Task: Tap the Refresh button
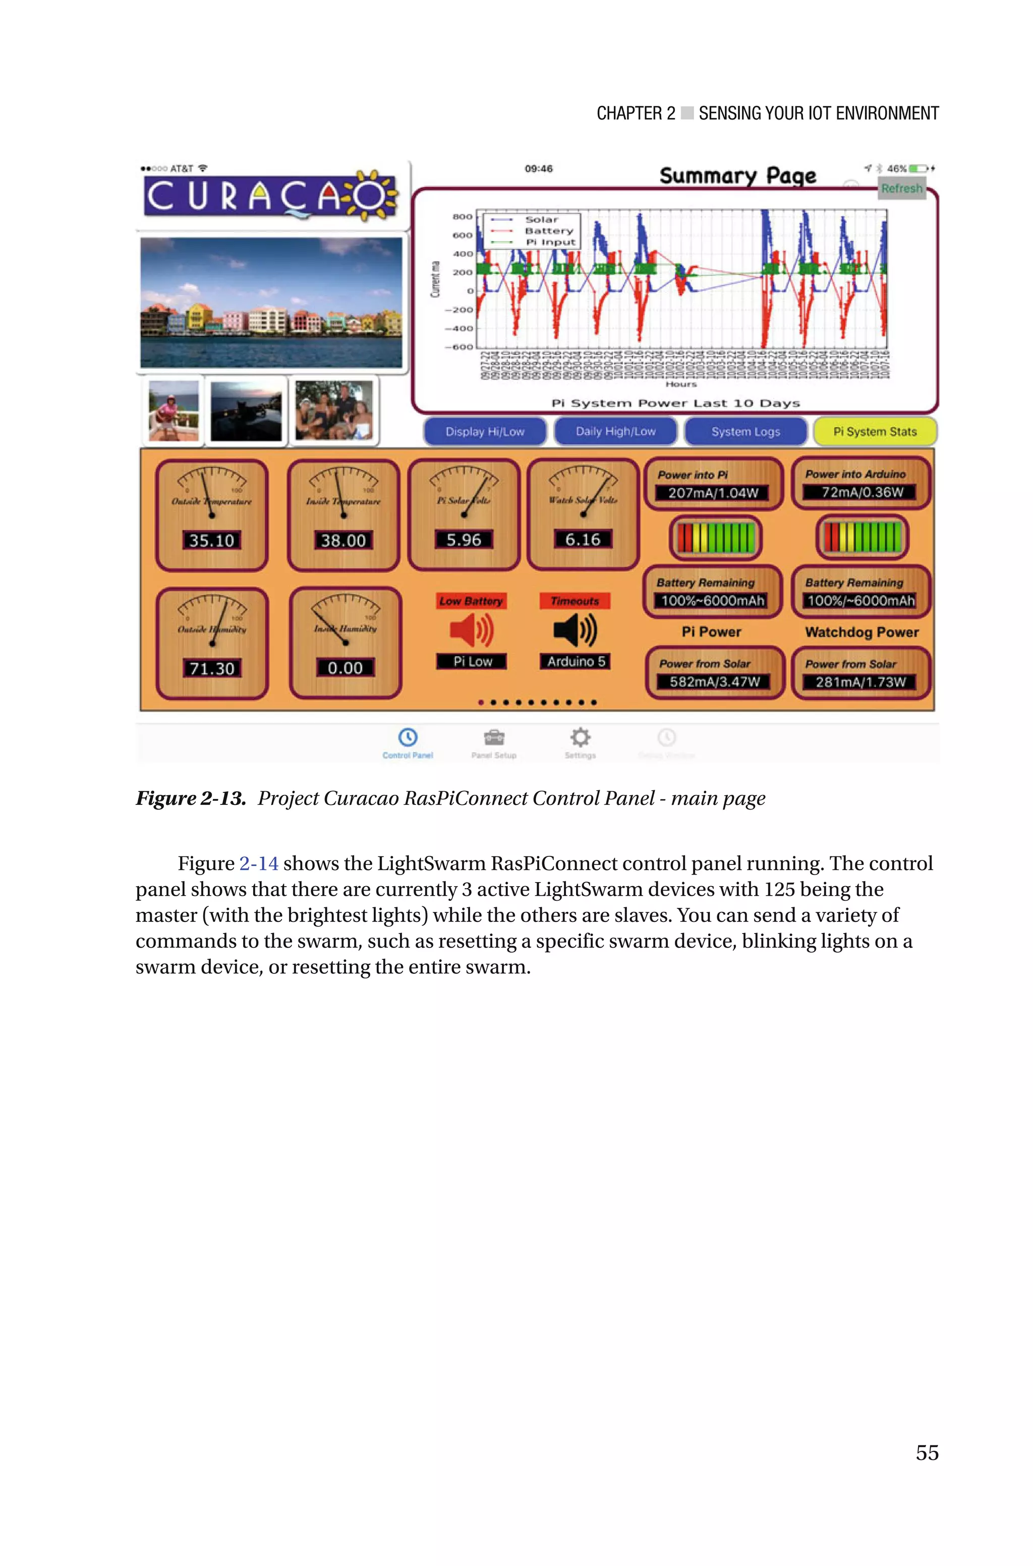pyautogui.click(x=902, y=188)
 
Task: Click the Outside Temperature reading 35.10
pyautogui.click(x=211, y=541)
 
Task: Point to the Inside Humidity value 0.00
pyautogui.click(x=345, y=668)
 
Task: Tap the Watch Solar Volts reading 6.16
pyautogui.click(x=583, y=539)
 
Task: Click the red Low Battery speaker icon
pyautogui.click(x=471, y=630)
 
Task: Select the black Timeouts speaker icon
pyautogui.click(x=575, y=630)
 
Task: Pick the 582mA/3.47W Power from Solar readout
pyautogui.click(x=714, y=681)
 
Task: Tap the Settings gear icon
pyautogui.click(x=580, y=737)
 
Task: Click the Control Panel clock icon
pyautogui.click(x=408, y=737)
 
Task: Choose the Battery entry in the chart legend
pyautogui.click(x=548, y=231)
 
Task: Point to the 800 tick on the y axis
pyautogui.click(x=463, y=217)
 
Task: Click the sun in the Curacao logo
pyautogui.click(x=374, y=194)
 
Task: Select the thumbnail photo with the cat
pyautogui.click(x=246, y=412)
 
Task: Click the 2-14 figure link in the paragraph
pyautogui.click(x=258, y=863)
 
